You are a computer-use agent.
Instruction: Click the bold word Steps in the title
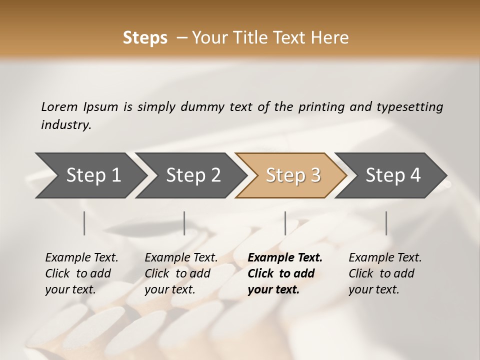[145, 38]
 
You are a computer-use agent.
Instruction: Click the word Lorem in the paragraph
[59, 106]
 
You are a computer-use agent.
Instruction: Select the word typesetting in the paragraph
[409, 106]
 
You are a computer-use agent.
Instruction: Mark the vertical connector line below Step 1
[84, 223]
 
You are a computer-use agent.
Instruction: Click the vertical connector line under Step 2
[184, 223]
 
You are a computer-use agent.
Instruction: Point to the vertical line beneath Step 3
[285, 223]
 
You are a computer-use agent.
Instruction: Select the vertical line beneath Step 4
[386, 223]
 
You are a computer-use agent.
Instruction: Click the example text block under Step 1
[81, 273]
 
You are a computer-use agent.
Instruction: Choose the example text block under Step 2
[181, 273]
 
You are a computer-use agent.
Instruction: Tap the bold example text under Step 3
[285, 273]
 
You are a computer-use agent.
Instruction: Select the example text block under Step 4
[385, 273]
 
